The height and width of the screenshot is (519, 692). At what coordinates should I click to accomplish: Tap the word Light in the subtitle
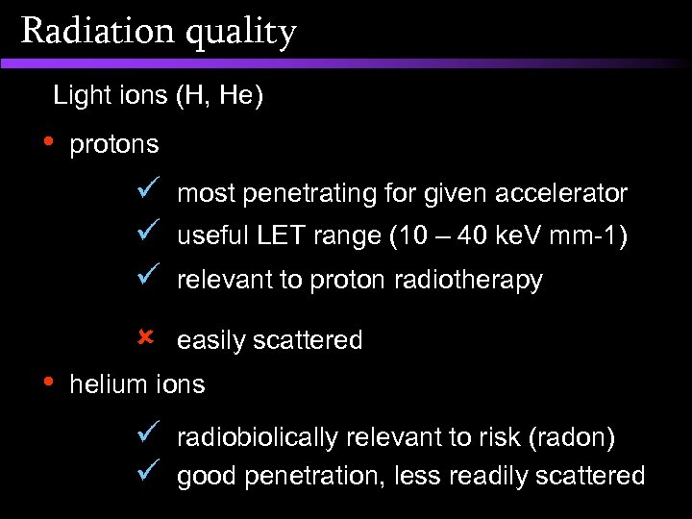tap(77, 95)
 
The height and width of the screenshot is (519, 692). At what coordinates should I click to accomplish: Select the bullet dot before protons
tap(50, 141)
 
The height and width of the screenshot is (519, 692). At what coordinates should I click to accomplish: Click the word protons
tap(114, 145)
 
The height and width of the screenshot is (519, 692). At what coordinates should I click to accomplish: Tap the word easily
tap(207, 340)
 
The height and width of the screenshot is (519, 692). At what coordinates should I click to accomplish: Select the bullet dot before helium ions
tap(50, 381)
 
